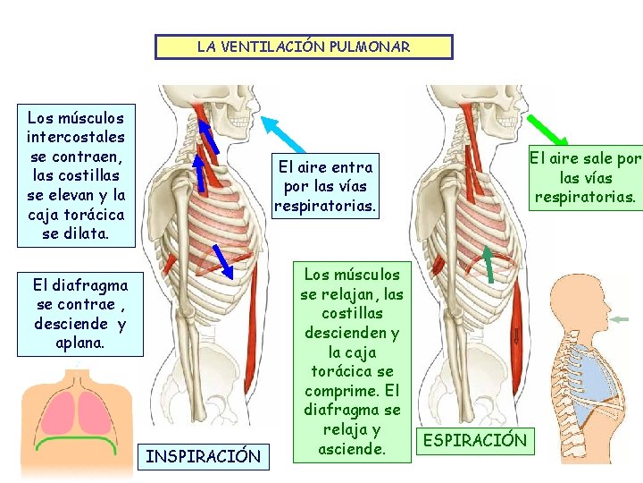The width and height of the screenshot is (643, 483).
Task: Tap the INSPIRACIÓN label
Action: pos(203,457)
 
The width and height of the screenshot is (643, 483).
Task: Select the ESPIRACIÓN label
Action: pos(474,440)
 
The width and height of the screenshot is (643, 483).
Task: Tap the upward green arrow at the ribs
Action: pos(489,264)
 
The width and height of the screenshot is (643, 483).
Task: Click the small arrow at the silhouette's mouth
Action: pos(621,319)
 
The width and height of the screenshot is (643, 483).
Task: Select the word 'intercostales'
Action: pos(76,137)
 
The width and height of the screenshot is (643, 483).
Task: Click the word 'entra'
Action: pos(351,167)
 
